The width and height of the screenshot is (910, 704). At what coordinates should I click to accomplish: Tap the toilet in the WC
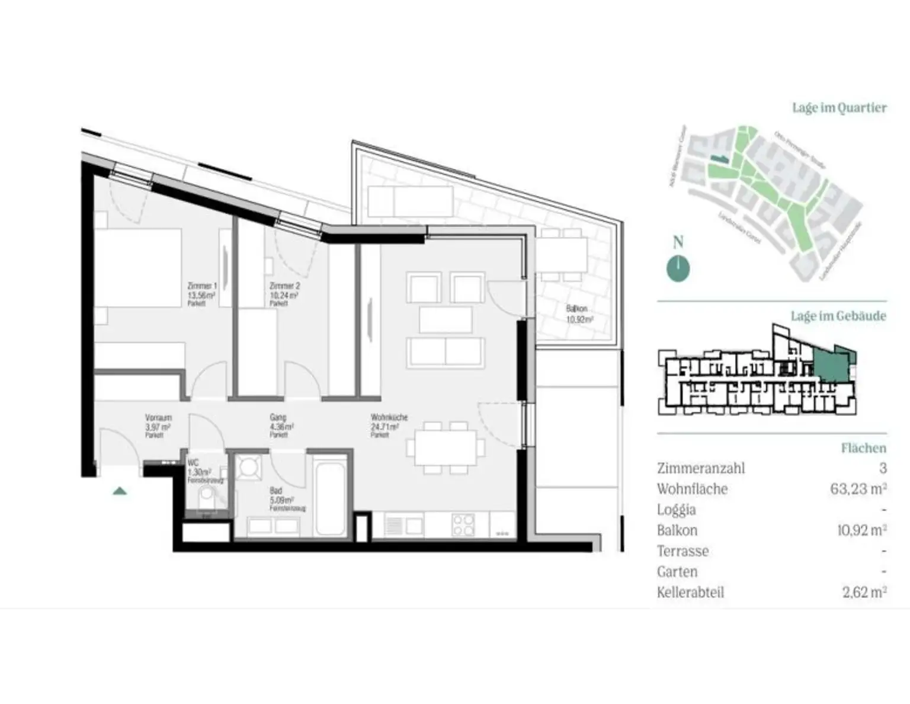click(207, 495)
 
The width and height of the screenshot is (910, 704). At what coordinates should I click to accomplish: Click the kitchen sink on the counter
click(404, 524)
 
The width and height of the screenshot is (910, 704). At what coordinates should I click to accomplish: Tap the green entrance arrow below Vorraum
click(120, 491)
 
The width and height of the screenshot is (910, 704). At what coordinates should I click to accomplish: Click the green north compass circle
click(678, 268)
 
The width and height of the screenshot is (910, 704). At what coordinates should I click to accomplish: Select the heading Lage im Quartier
click(839, 108)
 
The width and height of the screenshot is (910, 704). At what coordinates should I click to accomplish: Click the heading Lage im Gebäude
click(838, 316)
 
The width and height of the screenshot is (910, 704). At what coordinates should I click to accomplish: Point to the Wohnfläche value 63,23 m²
click(858, 489)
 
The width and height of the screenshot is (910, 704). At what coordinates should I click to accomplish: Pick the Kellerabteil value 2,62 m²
click(864, 592)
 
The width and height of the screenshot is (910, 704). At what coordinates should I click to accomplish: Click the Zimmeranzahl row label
click(700, 468)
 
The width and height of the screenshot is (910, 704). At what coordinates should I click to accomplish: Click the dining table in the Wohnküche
click(445, 448)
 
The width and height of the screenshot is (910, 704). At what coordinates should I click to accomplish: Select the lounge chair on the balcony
click(410, 201)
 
